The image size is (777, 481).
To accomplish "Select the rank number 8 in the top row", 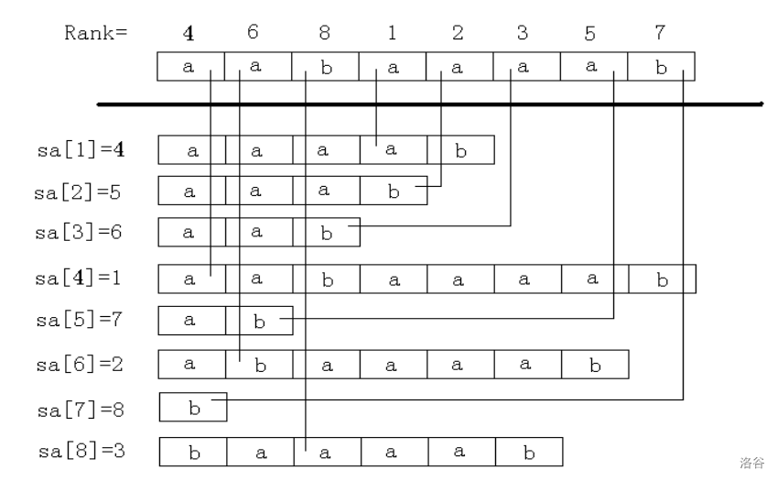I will pyautogui.click(x=324, y=34).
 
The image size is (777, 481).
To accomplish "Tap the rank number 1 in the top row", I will pyautogui.click(x=392, y=34).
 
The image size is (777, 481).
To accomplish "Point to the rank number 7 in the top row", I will pyautogui.click(x=659, y=34).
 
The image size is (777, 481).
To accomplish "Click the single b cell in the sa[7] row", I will pyautogui.click(x=193, y=407).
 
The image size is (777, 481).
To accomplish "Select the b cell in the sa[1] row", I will pyautogui.click(x=460, y=150).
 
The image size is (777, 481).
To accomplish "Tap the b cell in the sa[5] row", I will pyautogui.click(x=259, y=320).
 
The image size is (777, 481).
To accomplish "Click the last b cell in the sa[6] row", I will pyautogui.click(x=595, y=364).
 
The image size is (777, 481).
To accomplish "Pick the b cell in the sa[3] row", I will pyautogui.click(x=326, y=232).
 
